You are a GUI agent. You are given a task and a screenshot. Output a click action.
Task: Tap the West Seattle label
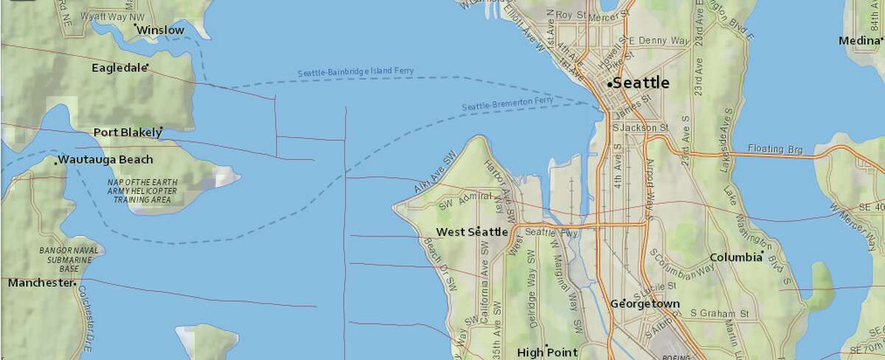point(472,232)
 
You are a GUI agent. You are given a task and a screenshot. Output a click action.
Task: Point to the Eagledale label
point(119,68)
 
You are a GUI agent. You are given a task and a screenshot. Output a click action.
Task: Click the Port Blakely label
point(127,133)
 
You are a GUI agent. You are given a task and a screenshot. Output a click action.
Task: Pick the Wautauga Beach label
point(105,160)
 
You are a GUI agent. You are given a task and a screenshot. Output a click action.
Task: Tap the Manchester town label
point(41,283)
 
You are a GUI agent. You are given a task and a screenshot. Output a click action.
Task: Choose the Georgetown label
point(645,304)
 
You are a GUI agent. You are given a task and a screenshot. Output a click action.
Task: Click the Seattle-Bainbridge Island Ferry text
point(355,72)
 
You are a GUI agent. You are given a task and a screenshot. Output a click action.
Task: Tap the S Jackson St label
point(640,128)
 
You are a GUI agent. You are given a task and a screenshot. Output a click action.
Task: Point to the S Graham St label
point(719,314)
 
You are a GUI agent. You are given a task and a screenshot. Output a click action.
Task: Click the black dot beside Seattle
point(609,86)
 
